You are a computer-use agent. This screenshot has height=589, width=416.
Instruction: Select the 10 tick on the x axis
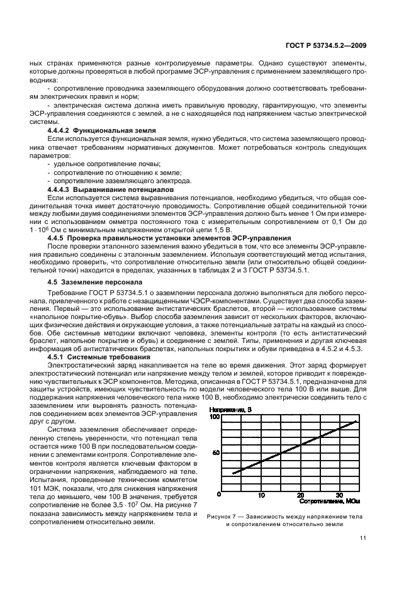tap(261, 495)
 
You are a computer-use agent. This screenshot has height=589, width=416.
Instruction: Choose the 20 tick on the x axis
tap(300, 495)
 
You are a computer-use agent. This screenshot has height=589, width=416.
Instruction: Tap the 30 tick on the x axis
tap(339, 495)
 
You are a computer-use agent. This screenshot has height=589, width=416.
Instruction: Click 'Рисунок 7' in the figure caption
tap(222, 515)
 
